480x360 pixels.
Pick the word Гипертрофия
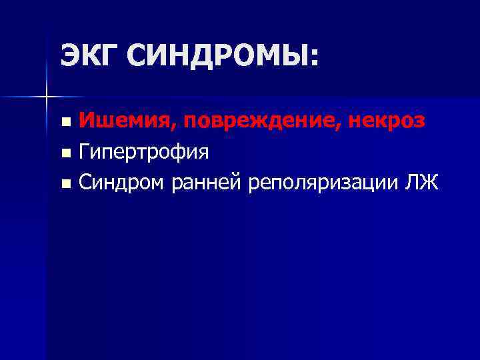pos(143,152)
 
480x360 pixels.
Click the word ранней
pos(205,182)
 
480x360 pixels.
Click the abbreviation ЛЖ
pos(422,181)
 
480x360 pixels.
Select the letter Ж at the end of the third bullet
pos(430,181)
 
